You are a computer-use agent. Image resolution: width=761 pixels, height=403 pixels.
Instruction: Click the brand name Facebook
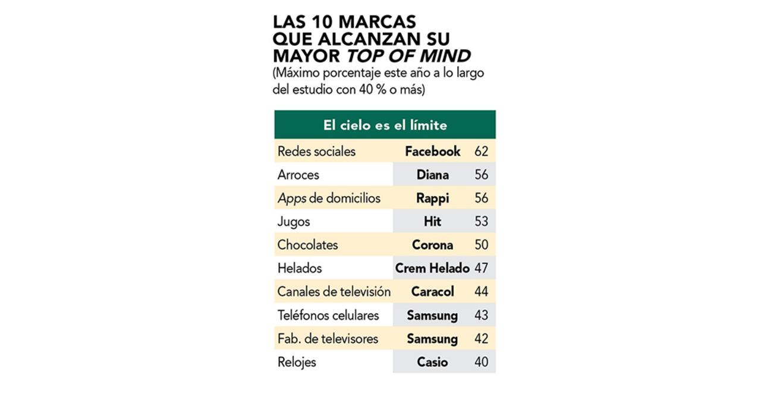(432, 152)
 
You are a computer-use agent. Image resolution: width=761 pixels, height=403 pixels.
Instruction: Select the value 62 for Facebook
(481, 152)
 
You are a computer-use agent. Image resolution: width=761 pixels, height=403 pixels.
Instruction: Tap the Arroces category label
(298, 175)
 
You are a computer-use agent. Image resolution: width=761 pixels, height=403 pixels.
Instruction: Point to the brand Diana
(432, 175)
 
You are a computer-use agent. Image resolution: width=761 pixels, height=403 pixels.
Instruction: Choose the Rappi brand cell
(432, 199)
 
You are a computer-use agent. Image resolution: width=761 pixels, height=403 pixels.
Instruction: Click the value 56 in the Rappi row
(481, 199)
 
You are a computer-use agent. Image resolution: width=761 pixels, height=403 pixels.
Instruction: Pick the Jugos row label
(294, 222)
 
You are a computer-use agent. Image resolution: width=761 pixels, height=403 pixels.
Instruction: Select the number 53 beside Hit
(481, 222)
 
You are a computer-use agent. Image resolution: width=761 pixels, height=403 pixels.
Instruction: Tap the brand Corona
(432, 245)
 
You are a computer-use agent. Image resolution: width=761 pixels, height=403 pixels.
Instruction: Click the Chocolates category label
(307, 245)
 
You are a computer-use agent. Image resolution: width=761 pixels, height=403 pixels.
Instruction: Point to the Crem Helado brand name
(432, 269)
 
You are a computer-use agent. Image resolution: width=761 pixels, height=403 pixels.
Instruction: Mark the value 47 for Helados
(481, 269)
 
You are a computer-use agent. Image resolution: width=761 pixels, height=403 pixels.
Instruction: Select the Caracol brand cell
(432, 292)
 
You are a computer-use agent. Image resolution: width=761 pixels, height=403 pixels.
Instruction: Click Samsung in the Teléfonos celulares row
(432, 316)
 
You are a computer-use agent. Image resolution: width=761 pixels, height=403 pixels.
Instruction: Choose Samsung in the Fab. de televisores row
(432, 339)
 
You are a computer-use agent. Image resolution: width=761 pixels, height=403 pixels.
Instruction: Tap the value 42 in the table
(481, 339)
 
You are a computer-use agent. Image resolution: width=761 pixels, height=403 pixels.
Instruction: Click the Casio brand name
(432, 362)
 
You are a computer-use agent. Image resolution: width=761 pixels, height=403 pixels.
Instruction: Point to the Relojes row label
(297, 362)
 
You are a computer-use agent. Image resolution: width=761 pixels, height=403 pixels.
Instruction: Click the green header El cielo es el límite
(385, 125)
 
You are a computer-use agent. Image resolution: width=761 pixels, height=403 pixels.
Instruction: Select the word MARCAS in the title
(377, 22)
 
